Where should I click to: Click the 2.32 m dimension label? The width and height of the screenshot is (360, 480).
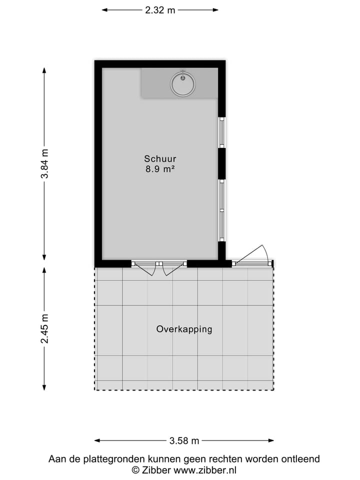160,10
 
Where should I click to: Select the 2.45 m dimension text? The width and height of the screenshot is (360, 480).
44,328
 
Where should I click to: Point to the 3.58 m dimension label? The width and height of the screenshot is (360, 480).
184,441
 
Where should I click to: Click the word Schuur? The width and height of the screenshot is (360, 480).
159,159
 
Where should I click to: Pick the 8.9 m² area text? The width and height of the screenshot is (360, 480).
159,169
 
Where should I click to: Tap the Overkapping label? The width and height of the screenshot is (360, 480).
184,329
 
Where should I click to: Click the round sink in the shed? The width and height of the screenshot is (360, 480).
183,83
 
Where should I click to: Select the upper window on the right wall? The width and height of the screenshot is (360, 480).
222,132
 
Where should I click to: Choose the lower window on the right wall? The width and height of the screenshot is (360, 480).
222,204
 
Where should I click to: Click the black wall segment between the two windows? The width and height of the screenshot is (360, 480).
222,163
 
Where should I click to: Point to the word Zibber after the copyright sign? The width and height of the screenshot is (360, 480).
156,470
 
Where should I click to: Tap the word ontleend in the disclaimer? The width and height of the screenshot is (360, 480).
301,459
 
